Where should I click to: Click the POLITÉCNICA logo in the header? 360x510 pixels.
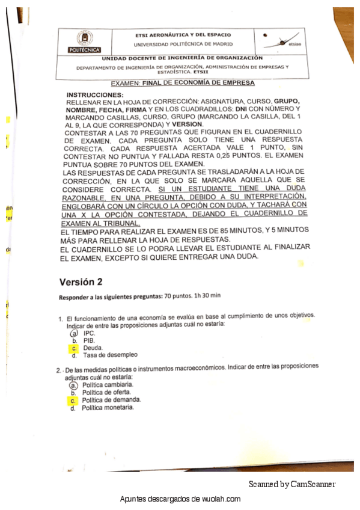tap(85, 41)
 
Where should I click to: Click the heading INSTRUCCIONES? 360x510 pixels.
tap(94, 95)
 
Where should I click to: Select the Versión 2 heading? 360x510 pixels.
tap(81, 281)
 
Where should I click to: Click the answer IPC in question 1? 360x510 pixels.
tap(89, 333)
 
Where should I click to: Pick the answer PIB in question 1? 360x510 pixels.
tap(89, 340)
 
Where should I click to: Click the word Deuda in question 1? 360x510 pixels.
tap(93, 348)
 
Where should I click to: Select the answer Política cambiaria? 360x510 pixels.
tap(108, 384)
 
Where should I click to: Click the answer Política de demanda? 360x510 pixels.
tap(111, 400)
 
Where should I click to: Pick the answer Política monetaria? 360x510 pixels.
tap(108, 408)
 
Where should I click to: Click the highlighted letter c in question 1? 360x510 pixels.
tap(73, 348)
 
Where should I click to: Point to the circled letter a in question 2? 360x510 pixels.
tap(73, 384)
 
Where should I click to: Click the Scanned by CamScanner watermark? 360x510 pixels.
tap(292, 484)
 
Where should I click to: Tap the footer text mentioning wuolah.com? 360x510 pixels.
tap(180, 499)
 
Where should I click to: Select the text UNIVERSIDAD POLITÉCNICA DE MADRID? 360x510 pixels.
tap(182, 44)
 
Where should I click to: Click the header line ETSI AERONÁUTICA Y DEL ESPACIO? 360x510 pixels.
tap(183, 35)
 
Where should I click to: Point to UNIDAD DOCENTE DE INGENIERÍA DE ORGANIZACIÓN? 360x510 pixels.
tap(182, 58)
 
